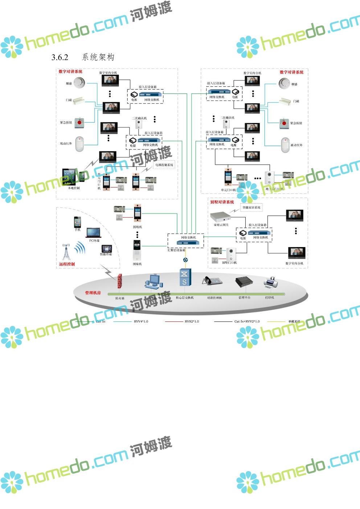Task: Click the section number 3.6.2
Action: tap(60, 57)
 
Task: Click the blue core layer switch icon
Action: tap(185, 278)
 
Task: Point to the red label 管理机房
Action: tap(93, 293)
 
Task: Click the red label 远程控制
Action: tap(67, 264)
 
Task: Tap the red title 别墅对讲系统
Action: tap(222, 202)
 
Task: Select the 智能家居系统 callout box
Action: tap(251, 208)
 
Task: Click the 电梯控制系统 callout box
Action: tap(164, 165)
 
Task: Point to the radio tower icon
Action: tap(66, 252)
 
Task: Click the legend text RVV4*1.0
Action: tap(141, 321)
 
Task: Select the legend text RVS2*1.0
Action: tap(192, 321)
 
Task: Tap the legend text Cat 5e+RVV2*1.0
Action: tap(247, 321)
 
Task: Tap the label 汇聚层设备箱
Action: tap(176, 250)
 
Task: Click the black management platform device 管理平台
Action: tap(244, 282)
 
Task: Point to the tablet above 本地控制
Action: tap(70, 177)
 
